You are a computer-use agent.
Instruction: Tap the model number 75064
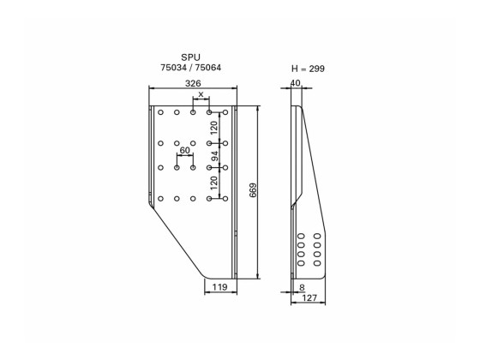[213, 67]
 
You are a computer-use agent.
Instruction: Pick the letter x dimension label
[201, 94]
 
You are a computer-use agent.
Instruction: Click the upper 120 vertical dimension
[214, 128]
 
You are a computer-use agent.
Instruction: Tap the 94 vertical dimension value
[214, 156]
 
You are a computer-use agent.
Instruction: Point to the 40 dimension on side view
[296, 83]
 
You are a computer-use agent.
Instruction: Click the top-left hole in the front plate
[160, 112]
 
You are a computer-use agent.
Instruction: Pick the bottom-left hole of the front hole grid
[160, 198]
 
